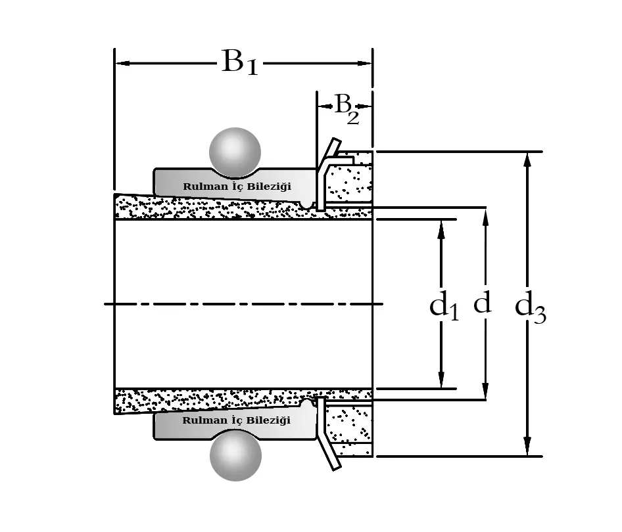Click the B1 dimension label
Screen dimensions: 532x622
point(239,63)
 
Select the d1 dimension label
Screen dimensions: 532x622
point(444,307)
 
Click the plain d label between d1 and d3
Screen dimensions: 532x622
point(482,303)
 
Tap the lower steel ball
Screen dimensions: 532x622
point(235,457)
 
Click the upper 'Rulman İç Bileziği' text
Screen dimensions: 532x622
point(236,187)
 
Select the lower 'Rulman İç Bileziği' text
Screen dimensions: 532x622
point(236,420)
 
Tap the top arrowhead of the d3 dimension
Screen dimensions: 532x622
point(527,160)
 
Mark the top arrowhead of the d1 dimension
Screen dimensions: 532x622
point(441,227)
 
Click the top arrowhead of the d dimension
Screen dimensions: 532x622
point(485,215)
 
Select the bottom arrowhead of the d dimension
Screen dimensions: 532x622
point(485,392)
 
